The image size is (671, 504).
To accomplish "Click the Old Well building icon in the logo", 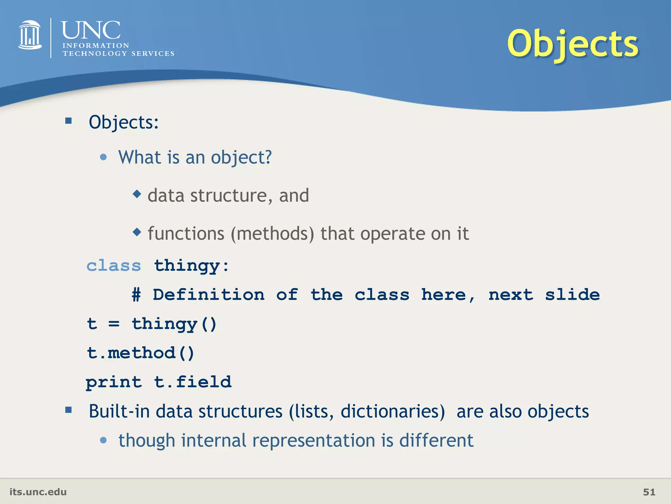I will [30, 35].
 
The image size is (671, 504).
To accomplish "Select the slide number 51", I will [649, 492].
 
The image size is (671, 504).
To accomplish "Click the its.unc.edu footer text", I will [38, 492].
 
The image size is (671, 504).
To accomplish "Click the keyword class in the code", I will [114, 265].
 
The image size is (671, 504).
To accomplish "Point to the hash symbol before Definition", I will [136, 294].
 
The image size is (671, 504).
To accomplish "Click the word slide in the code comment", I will [572, 294].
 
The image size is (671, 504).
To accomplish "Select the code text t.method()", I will [141, 353].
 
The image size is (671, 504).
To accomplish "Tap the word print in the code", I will [114, 382].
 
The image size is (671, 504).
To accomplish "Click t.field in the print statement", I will [193, 382].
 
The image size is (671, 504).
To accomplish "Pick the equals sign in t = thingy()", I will [114, 324].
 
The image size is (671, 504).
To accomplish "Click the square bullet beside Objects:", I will [68, 121].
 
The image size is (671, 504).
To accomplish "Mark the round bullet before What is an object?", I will [103, 157].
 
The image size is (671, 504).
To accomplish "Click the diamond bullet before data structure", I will [137, 194].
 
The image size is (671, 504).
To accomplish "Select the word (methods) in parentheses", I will [272, 234].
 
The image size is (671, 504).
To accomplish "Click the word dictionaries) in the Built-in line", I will [393, 411].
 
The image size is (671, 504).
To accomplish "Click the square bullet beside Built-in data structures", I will [68, 409].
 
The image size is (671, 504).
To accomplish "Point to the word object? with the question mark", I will [241, 157].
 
